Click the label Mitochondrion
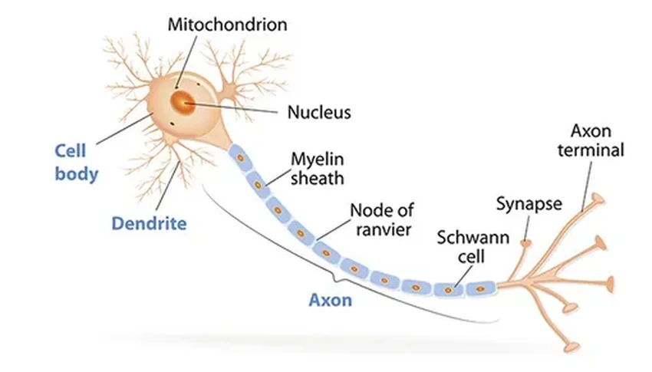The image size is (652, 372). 227,24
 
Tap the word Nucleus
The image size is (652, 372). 318,112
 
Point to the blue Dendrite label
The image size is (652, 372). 149,224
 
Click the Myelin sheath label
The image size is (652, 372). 316,168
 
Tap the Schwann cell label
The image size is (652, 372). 468,246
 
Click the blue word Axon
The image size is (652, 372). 330,299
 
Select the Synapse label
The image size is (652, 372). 529,204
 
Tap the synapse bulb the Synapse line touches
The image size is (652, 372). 527,244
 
